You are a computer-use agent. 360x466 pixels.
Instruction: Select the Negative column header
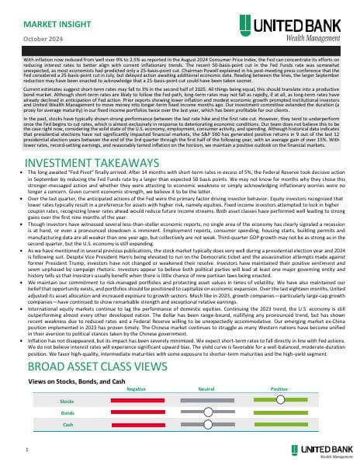pyautogui.click(x=137, y=388)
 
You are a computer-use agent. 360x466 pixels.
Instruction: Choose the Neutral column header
pyautogui.click(x=206, y=388)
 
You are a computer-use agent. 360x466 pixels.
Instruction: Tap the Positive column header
pyautogui.click(x=279, y=388)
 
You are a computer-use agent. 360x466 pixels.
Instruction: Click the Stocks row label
pyautogui.click(x=67, y=400)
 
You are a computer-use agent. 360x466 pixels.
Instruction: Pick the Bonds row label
pyautogui.click(x=67, y=412)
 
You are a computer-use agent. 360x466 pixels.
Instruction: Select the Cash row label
pyautogui.click(x=67, y=425)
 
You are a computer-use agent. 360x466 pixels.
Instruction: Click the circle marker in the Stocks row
pyautogui.click(x=280, y=399)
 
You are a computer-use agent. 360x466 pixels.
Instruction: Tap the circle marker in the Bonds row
pyautogui.click(x=208, y=412)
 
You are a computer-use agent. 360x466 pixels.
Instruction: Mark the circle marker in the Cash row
pyautogui.click(x=208, y=425)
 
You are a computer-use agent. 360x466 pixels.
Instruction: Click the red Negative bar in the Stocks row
pyautogui.click(x=137, y=400)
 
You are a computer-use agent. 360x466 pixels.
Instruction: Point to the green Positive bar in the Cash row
pyautogui.click(x=280, y=425)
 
